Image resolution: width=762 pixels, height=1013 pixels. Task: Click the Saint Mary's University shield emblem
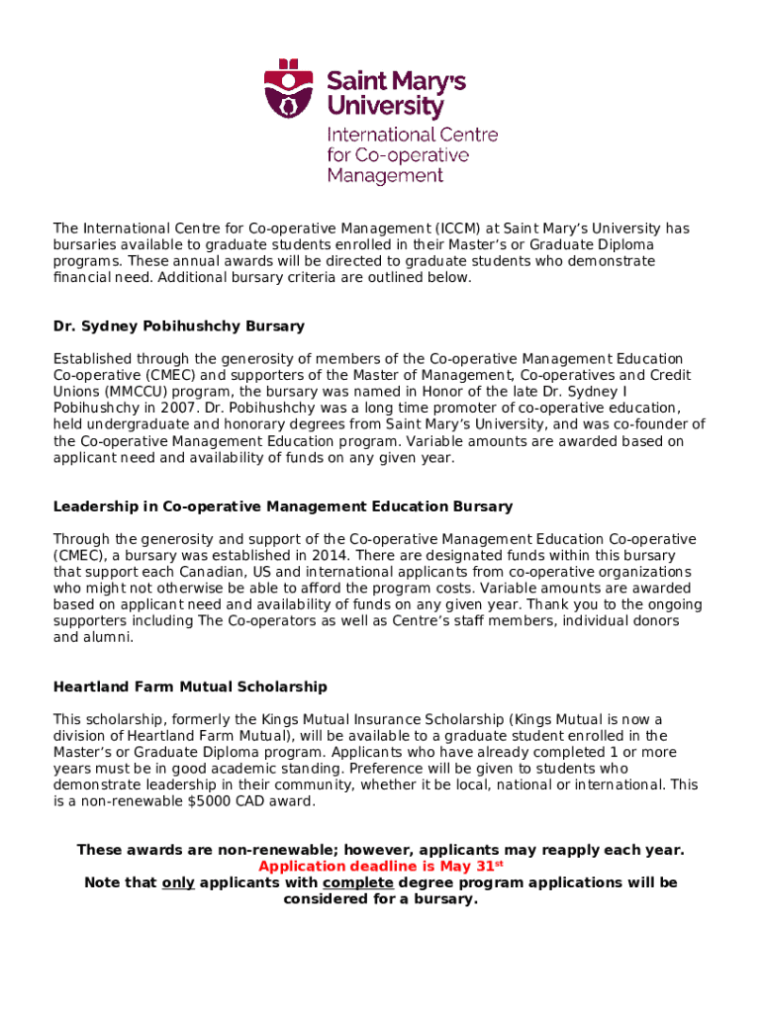[288, 89]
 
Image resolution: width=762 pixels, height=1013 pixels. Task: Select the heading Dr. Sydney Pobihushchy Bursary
[178, 325]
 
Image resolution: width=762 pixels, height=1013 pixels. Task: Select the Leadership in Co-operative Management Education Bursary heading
[282, 506]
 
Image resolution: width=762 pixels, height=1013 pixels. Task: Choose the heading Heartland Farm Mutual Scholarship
[189, 687]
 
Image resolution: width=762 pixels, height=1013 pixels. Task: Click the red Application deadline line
[381, 866]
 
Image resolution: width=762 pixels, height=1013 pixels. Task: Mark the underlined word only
[178, 882]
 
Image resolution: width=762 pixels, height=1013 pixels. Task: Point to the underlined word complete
[358, 882]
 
